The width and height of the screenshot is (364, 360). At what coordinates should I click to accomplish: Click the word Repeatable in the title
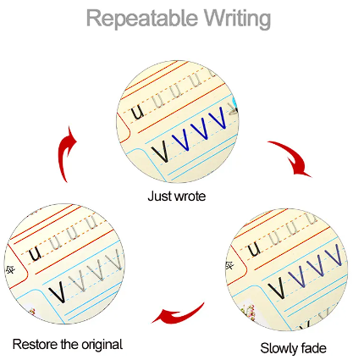click(x=142, y=18)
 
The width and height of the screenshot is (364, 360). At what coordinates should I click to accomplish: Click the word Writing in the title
click(x=238, y=19)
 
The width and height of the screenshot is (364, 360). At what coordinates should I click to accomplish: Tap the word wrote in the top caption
click(x=190, y=197)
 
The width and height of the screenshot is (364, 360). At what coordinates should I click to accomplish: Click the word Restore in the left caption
click(x=36, y=344)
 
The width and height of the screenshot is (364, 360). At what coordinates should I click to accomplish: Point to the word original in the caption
click(x=102, y=346)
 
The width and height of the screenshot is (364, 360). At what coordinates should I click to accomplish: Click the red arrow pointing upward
click(x=66, y=154)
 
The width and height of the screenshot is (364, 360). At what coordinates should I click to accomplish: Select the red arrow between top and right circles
click(x=294, y=156)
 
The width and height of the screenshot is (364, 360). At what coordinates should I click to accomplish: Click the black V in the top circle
click(x=160, y=151)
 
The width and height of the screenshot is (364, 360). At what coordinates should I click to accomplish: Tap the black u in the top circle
click(x=138, y=113)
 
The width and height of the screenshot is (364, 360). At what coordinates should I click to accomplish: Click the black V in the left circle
click(x=58, y=291)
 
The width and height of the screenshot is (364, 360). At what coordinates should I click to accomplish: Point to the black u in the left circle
click(x=36, y=254)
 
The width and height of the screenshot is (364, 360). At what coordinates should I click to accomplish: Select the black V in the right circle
click(x=277, y=288)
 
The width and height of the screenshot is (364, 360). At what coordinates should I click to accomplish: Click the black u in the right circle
click(x=254, y=250)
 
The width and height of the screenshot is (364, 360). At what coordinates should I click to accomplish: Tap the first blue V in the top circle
click(x=180, y=139)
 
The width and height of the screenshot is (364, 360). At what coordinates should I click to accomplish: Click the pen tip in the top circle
click(x=233, y=108)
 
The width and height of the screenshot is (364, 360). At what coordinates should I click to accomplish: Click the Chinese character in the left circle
click(x=10, y=270)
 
